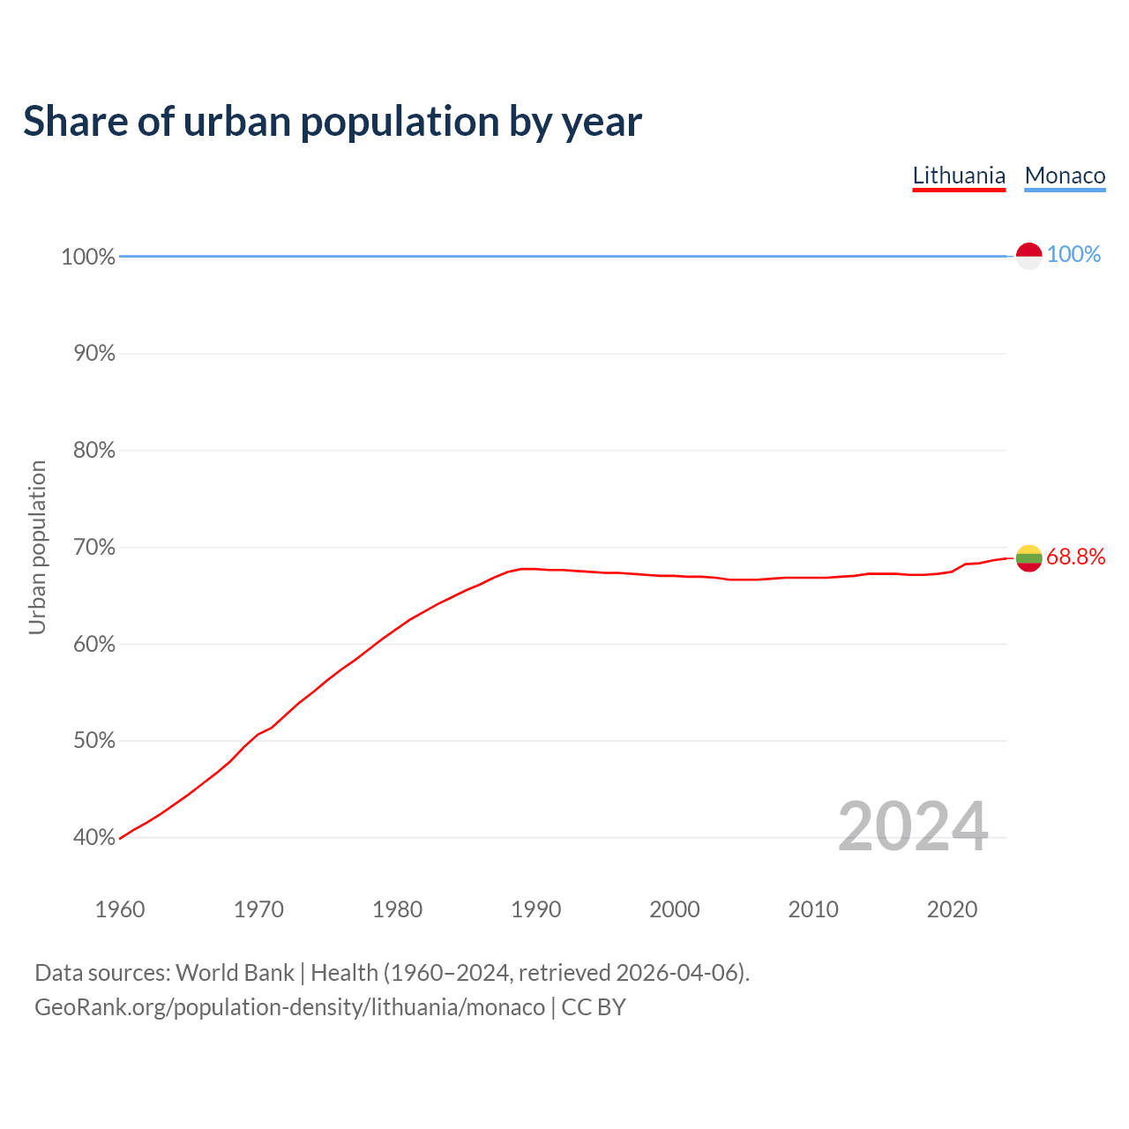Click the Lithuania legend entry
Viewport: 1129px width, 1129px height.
coord(959,176)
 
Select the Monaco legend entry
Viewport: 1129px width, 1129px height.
coord(1065,176)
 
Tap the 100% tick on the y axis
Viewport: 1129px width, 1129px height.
coord(88,257)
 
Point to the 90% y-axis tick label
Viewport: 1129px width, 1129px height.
coord(93,354)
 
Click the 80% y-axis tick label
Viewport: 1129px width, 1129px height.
coord(93,451)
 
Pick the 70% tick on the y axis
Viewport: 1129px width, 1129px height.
coord(93,548)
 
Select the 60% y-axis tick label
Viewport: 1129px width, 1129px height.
coord(93,644)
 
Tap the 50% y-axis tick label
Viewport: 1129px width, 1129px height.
coord(93,741)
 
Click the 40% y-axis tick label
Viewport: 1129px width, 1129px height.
coord(93,838)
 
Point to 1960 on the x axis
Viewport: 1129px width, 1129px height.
coord(120,909)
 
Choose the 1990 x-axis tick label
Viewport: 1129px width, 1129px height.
coord(536,909)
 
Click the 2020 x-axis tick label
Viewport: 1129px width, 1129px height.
coord(952,909)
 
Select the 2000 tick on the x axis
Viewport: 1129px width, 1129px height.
coord(675,909)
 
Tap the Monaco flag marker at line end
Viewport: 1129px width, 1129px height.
coord(1028,256)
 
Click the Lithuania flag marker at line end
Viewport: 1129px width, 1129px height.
coord(1028,557)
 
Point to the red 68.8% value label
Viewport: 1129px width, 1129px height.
coord(1075,557)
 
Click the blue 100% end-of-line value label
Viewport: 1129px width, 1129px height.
coord(1073,254)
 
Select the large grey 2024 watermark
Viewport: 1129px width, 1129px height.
coord(913,826)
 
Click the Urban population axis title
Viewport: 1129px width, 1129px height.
coord(37,547)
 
